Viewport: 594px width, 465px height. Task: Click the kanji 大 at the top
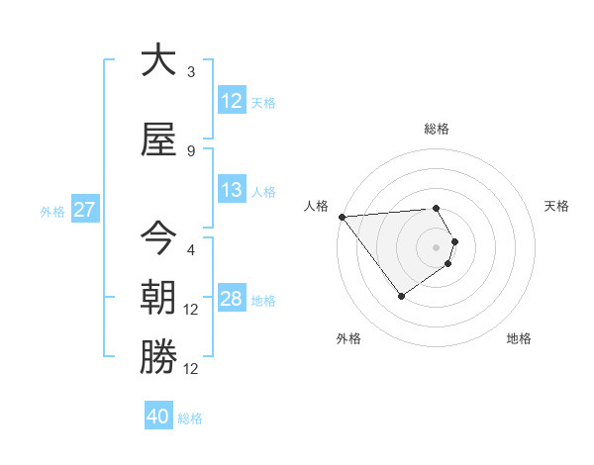158,60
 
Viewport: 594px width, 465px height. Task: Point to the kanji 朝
158,298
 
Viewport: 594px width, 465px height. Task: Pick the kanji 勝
158,357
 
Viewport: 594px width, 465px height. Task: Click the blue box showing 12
232,101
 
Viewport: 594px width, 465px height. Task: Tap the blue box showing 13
232,190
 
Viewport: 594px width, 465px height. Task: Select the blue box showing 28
232,299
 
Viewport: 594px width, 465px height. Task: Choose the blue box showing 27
84,210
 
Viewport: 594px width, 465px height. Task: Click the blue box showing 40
158,418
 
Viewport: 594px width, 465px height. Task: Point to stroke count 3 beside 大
191,72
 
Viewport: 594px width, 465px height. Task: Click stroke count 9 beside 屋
191,151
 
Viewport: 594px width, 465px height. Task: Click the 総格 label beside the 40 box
191,418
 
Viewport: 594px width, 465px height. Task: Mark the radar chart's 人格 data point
342,217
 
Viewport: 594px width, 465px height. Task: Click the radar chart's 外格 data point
401,296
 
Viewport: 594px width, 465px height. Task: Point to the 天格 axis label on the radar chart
556,206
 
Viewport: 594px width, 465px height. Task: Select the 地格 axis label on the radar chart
519,338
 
